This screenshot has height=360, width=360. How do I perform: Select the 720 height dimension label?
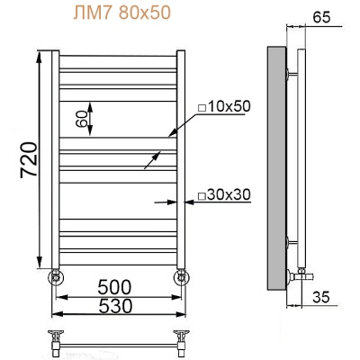26,161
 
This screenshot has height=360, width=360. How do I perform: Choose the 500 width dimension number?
118,287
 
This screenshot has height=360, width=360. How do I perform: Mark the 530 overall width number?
118,307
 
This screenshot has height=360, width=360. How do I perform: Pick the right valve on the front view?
183,274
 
